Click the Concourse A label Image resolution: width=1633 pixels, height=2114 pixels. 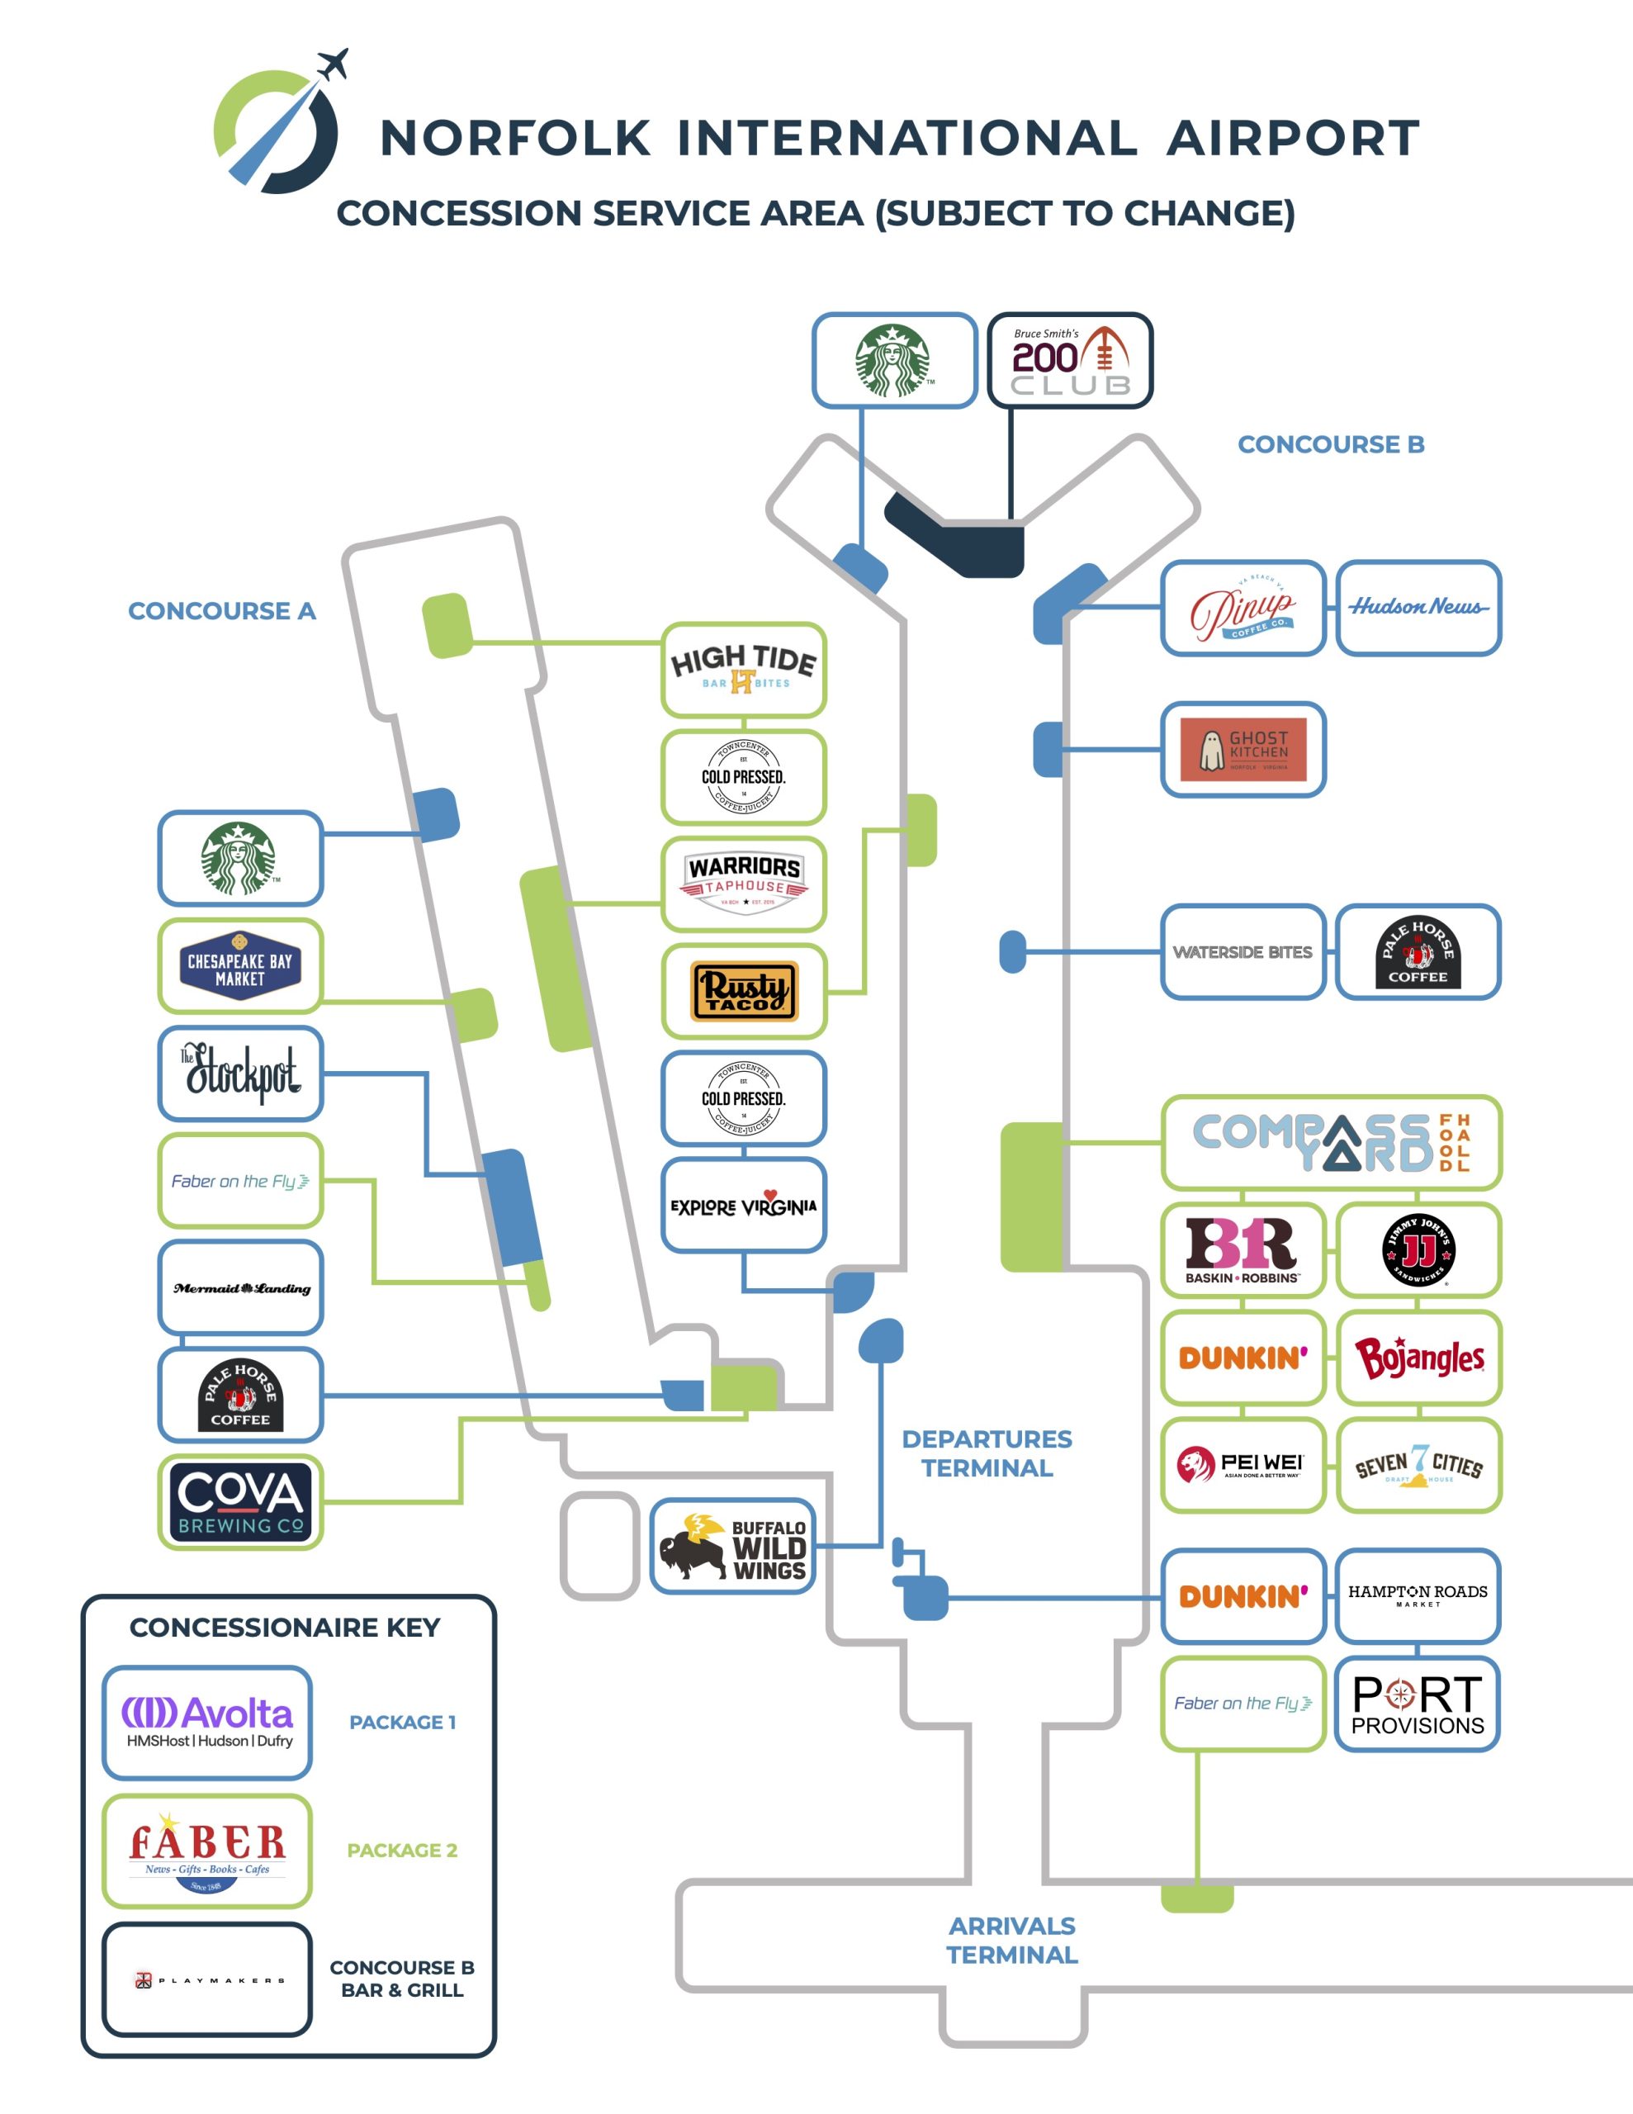point(222,611)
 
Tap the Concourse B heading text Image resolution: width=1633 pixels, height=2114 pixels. point(1330,444)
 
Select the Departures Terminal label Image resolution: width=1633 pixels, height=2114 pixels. point(987,1453)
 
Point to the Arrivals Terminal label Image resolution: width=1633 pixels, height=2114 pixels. point(1011,1940)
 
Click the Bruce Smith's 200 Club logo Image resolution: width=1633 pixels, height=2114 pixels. point(1070,360)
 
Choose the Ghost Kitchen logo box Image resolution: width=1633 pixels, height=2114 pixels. point(1242,749)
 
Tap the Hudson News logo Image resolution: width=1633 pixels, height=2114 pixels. point(1418,607)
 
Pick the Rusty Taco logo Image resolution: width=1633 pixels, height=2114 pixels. point(743,991)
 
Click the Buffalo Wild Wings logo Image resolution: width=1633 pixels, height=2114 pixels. point(733,1546)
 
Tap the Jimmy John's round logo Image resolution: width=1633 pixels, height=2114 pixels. point(1418,1249)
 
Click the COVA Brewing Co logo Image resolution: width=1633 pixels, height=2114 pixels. point(240,1501)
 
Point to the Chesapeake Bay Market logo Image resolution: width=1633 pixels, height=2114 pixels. point(240,965)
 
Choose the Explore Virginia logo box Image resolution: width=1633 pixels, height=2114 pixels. point(743,1205)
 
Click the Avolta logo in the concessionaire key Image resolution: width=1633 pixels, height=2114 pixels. point(207,1722)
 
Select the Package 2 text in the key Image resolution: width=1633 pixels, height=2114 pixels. point(402,1850)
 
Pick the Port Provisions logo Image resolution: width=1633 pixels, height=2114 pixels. point(1418,1704)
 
